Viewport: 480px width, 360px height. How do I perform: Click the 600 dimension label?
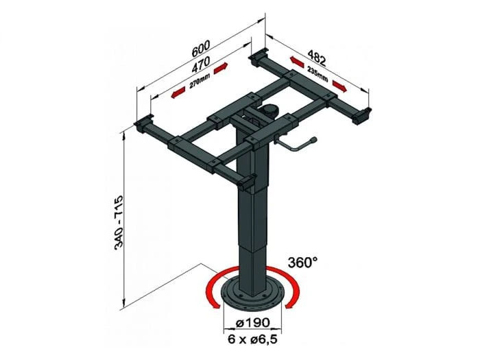tap(200, 51)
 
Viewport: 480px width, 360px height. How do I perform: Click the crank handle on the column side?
tap(295, 147)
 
